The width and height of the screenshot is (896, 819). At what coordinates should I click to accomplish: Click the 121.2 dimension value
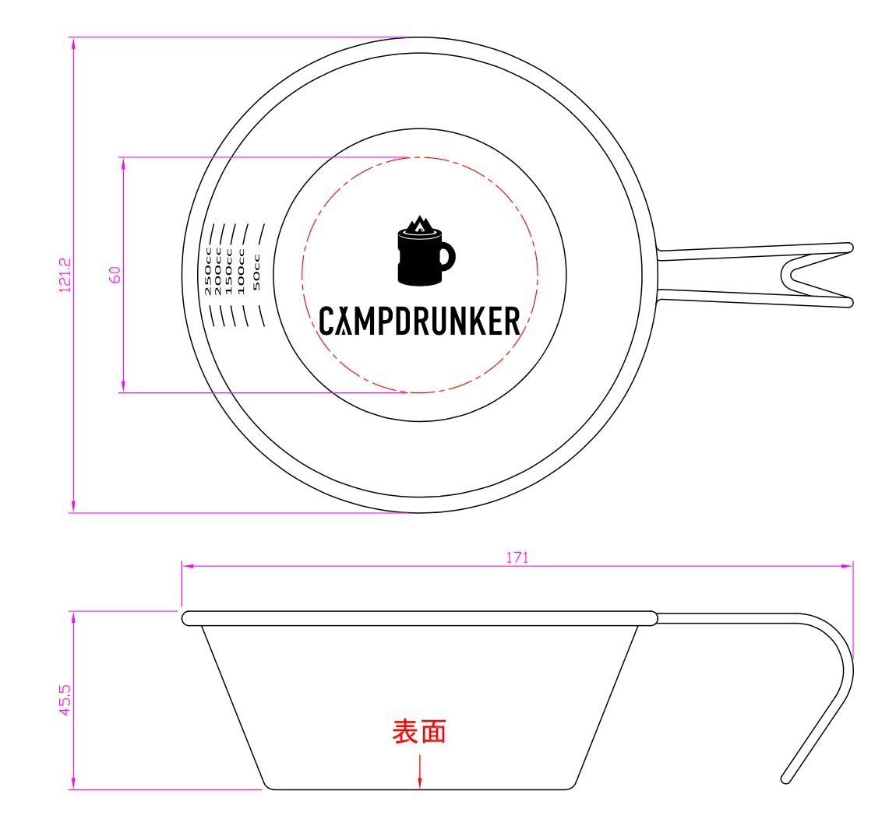click(x=65, y=275)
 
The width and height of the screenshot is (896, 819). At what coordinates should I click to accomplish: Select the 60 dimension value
click(x=115, y=275)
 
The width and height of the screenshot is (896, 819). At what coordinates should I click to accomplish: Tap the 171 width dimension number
click(x=517, y=557)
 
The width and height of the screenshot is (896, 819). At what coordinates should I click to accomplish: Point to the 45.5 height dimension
click(x=65, y=700)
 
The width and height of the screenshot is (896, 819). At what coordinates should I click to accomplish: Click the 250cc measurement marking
click(x=208, y=270)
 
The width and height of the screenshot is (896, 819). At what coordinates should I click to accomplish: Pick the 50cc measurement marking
click(x=256, y=272)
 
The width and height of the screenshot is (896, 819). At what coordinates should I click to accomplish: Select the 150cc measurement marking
click(x=228, y=271)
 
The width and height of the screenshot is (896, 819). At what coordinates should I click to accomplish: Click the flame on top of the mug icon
click(x=419, y=224)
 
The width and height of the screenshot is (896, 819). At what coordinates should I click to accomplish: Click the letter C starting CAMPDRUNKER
click(x=326, y=321)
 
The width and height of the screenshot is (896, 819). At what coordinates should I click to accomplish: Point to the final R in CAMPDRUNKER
click(x=512, y=321)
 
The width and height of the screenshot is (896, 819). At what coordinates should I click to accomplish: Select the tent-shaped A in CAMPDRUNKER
click(x=344, y=321)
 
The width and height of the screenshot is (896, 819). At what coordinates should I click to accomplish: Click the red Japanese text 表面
click(x=419, y=732)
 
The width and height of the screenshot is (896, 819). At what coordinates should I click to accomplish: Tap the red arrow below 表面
click(x=419, y=772)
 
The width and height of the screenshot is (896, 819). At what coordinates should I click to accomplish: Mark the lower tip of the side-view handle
click(x=785, y=779)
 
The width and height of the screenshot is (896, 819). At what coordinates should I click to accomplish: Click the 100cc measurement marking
click(x=241, y=271)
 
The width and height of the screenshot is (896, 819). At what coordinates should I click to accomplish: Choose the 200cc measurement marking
click(x=217, y=271)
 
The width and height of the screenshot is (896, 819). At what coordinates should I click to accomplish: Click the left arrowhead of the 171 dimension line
click(x=188, y=566)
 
